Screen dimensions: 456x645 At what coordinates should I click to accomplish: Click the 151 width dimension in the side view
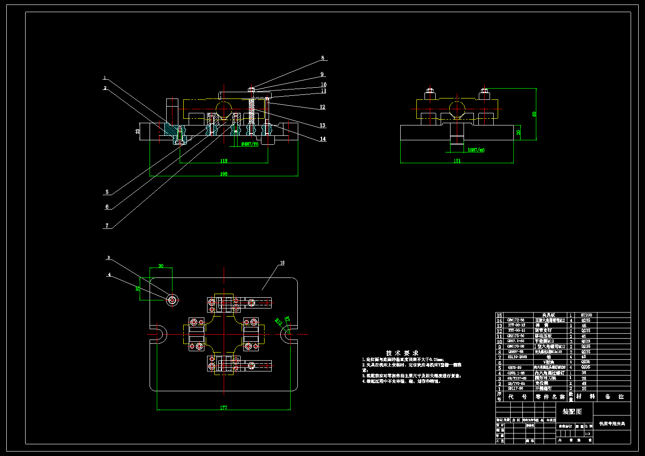click(457, 161)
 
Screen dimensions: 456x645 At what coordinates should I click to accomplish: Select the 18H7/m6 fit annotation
click(476, 150)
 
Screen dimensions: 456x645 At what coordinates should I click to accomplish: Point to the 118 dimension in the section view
click(224, 161)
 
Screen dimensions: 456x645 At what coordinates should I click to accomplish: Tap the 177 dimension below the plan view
click(224, 408)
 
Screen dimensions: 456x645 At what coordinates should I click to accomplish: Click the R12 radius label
click(278, 321)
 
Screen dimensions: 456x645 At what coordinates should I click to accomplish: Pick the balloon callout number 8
click(322, 58)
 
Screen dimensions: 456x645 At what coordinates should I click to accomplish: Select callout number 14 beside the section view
click(323, 139)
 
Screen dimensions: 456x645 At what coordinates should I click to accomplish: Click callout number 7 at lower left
click(107, 226)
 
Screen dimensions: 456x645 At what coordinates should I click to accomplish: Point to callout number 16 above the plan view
click(282, 263)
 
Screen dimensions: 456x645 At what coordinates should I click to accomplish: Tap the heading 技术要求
click(402, 353)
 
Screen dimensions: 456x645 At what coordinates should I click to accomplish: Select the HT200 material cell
click(586, 315)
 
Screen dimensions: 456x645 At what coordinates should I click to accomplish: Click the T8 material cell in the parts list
click(584, 378)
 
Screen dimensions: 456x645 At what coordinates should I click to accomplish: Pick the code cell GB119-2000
click(517, 357)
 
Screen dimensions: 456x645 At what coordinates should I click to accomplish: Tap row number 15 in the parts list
click(499, 315)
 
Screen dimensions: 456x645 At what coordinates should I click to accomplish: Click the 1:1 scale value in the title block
click(587, 434)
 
